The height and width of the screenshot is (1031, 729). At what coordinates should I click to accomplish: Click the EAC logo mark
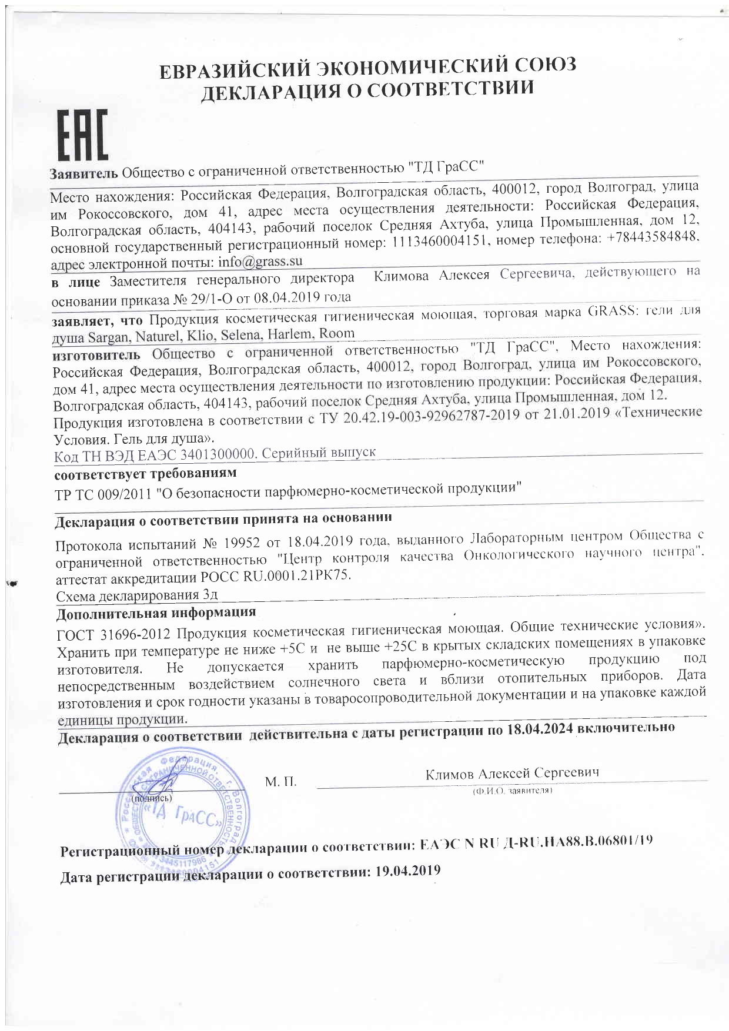[82, 135]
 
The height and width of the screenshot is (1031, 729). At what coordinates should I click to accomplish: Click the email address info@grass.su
[260, 261]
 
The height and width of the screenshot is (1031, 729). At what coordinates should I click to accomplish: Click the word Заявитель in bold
[84, 174]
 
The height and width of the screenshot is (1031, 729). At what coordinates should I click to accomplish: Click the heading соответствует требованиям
[145, 473]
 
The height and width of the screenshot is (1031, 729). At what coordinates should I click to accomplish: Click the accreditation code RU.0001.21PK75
[297, 575]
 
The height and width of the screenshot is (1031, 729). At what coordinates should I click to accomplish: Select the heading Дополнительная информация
[156, 612]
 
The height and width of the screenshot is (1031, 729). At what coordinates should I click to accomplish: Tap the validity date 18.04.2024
[539, 729]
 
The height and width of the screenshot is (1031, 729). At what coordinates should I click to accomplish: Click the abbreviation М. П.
[280, 781]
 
